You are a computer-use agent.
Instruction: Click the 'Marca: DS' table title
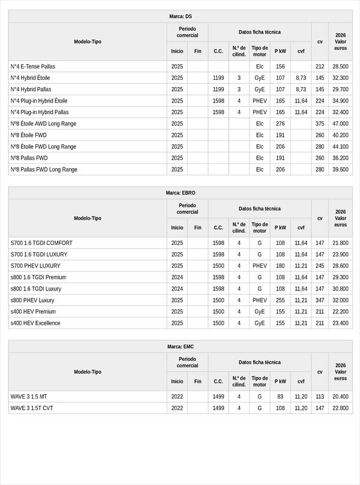pyautogui.click(x=180, y=16)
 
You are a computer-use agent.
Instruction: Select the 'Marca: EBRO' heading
pyautogui.click(x=180, y=193)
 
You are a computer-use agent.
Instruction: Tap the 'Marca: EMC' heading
pyautogui.click(x=180, y=346)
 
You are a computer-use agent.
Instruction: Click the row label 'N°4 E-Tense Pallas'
pyautogui.click(x=32, y=67)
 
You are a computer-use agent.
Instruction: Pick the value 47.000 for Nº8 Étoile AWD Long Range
pyautogui.click(x=340, y=124)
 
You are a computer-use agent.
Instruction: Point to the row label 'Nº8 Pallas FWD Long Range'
pyautogui.click(x=44, y=169)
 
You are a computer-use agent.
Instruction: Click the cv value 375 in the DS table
pyautogui.click(x=320, y=124)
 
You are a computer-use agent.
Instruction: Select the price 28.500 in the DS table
pyautogui.click(x=340, y=67)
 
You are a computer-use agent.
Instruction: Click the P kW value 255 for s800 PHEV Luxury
pyautogui.click(x=280, y=300)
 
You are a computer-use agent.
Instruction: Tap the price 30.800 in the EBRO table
pyautogui.click(x=340, y=289)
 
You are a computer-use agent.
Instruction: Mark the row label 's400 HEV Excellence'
pyautogui.click(x=35, y=323)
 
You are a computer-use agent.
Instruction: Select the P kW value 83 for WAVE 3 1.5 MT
pyautogui.click(x=280, y=397)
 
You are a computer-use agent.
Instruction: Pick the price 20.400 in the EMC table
pyautogui.click(x=340, y=397)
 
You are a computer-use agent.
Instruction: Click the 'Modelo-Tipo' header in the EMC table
pyautogui.click(x=88, y=372)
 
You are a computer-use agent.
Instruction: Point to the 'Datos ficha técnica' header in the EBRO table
pyautogui.click(x=259, y=208)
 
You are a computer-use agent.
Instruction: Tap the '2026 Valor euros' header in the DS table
pyautogui.click(x=340, y=41)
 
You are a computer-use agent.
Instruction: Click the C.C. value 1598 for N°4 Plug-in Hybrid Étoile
pyautogui.click(x=218, y=101)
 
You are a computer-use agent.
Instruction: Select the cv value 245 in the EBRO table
pyautogui.click(x=320, y=266)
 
